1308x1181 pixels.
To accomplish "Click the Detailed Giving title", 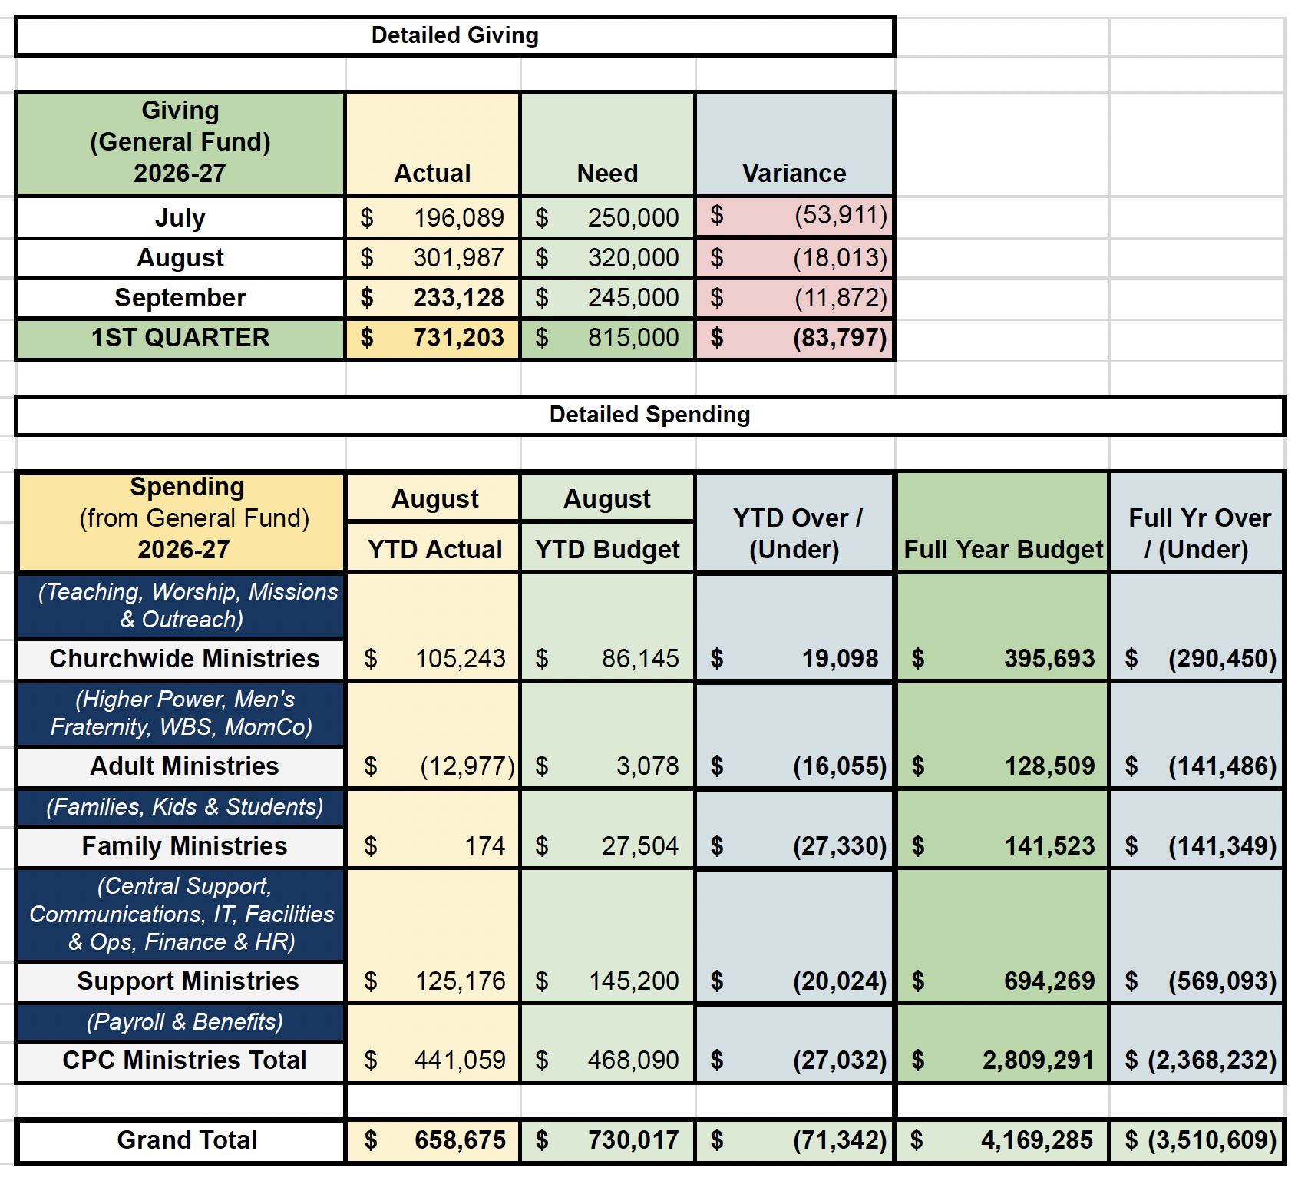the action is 454,35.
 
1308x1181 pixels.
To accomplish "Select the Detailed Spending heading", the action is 649,415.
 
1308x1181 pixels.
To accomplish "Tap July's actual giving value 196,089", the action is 458,218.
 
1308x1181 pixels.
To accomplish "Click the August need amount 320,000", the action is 633,258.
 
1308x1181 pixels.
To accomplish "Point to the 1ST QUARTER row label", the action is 180,338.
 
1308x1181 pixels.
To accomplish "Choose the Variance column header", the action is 794,174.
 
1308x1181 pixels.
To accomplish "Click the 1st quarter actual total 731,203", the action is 458,338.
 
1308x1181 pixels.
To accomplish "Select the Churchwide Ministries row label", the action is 184,659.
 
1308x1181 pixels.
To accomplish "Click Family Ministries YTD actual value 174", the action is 485,846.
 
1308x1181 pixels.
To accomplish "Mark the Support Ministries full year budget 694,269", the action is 1049,981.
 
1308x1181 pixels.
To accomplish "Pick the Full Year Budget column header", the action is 1003,550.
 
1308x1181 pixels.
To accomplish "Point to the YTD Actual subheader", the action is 434,550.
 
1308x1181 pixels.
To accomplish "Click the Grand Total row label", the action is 187,1140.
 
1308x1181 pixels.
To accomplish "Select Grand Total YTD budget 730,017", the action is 633,1140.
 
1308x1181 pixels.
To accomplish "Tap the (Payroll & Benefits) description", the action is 184,1022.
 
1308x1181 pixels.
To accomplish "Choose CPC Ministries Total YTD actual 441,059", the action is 460,1060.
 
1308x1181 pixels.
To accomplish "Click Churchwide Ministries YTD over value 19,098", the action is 840,659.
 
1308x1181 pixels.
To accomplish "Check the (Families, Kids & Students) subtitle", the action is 184,807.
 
